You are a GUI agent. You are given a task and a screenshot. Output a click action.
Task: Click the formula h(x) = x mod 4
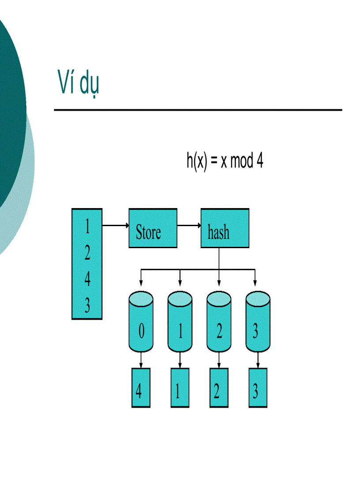tap(225, 161)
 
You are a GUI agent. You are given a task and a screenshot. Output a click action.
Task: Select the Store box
tap(153, 228)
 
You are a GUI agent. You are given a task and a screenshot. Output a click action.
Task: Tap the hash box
tap(225, 228)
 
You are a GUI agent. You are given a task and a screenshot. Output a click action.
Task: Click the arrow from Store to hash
tap(189, 226)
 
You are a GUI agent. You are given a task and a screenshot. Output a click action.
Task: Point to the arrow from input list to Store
tap(115, 226)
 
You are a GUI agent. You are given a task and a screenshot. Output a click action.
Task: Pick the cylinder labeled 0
tap(141, 325)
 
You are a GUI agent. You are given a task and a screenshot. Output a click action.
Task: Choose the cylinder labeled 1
tap(180, 325)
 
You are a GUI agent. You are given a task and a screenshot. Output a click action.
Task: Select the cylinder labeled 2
tap(219, 325)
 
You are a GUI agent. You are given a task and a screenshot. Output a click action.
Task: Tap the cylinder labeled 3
tap(258, 325)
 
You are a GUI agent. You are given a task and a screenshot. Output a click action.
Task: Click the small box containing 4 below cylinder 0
tap(141, 388)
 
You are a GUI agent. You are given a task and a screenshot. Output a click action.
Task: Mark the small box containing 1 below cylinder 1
tap(180, 388)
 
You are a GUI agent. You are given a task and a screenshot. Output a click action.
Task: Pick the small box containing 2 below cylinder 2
tap(219, 388)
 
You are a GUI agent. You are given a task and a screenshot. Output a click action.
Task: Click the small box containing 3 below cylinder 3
tap(258, 388)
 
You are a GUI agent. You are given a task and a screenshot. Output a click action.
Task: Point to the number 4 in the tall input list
tap(87, 279)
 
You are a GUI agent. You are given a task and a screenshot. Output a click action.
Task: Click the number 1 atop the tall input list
tap(87, 227)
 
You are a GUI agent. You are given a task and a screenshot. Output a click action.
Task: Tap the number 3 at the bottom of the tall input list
tap(87, 305)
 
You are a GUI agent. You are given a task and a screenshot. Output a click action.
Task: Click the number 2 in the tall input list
tap(87, 253)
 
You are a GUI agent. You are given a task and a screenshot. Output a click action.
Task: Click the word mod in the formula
tap(242, 162)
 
